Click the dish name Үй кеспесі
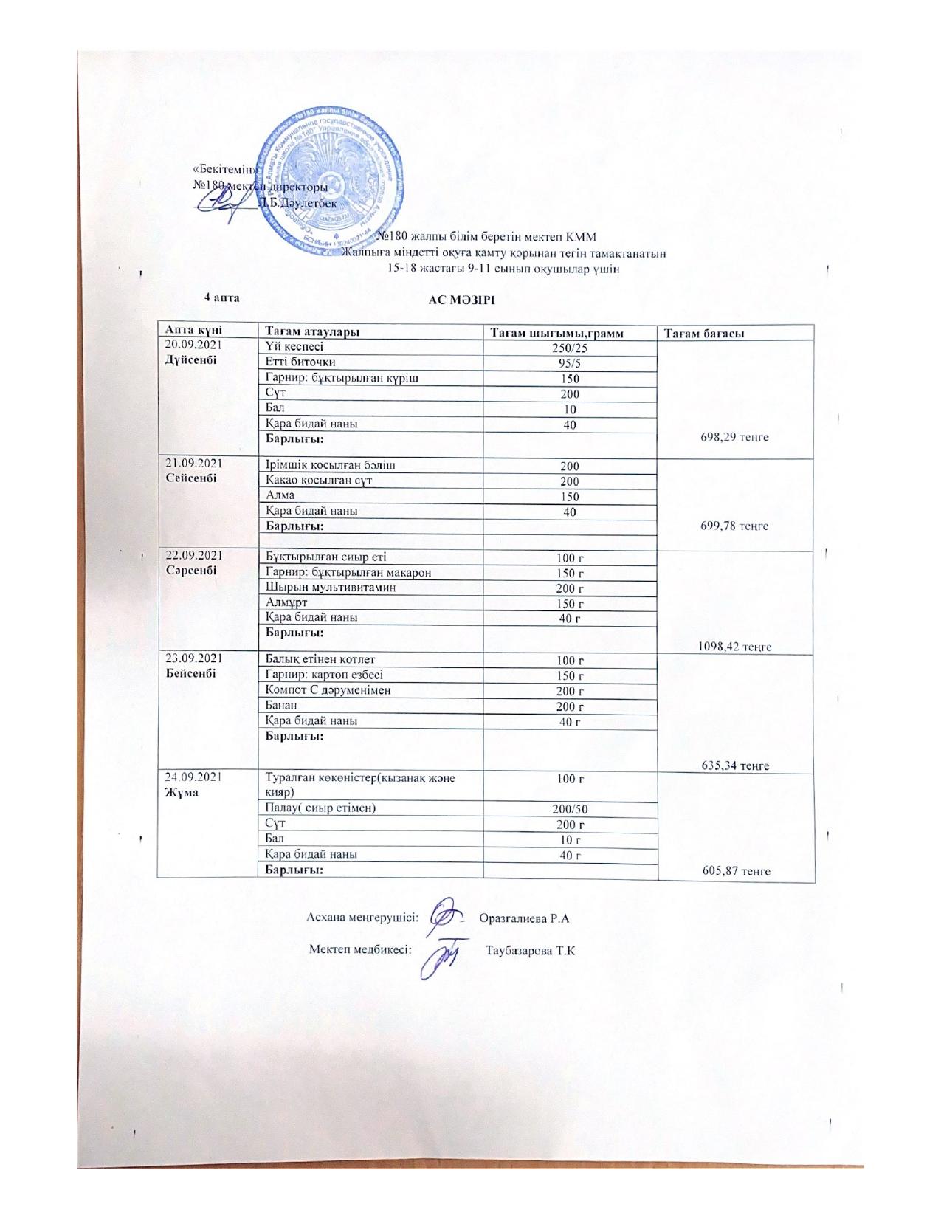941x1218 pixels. pyautogui.click(x=294, y=346)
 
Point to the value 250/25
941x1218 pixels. pyautogui.click(x=570, y=347)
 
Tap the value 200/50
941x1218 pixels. pyautogui.click(x=570, y=809)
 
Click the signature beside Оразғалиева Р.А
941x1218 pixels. pyautogui.click(x=447, y=916)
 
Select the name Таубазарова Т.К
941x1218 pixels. pyautogui.click(x=530, y=949)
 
